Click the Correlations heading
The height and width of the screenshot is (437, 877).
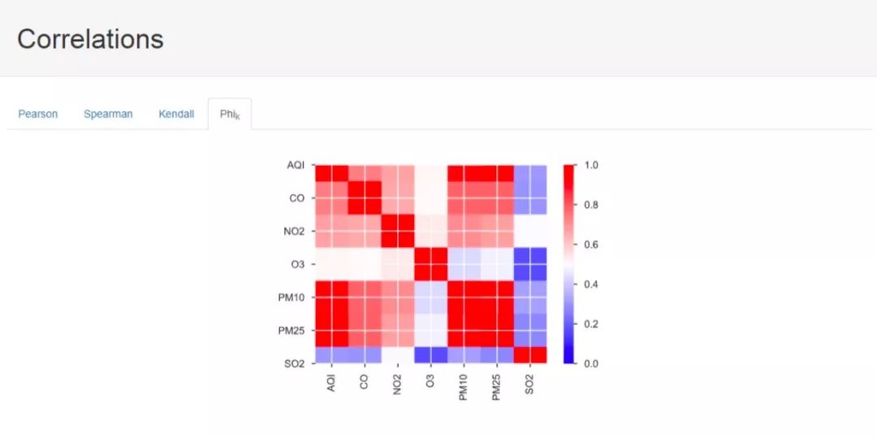tap(90, 39)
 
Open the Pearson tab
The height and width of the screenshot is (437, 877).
tap(38, 114)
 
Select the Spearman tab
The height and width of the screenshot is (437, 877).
tap(108, 114)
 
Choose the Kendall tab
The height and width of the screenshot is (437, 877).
tap(176, 114)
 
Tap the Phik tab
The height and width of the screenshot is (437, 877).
tap(230, 114)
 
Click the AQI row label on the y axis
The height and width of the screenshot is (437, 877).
tap(296, 165)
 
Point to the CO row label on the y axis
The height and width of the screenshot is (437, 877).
tap(297, 198)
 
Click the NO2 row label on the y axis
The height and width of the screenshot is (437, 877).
tap(294, 231)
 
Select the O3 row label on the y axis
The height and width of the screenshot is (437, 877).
tap(297, 264)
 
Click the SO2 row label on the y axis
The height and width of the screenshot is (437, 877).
tap(294, 363)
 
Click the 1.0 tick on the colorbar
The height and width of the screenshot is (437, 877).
tap(591, 165)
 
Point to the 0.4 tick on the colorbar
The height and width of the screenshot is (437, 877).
tap(591, 284)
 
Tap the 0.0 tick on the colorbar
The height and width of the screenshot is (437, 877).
tap(591, 363)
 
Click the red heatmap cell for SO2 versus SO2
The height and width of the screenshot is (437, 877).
tap(529, 355)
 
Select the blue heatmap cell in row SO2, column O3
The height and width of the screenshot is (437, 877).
tap(430, 355)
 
